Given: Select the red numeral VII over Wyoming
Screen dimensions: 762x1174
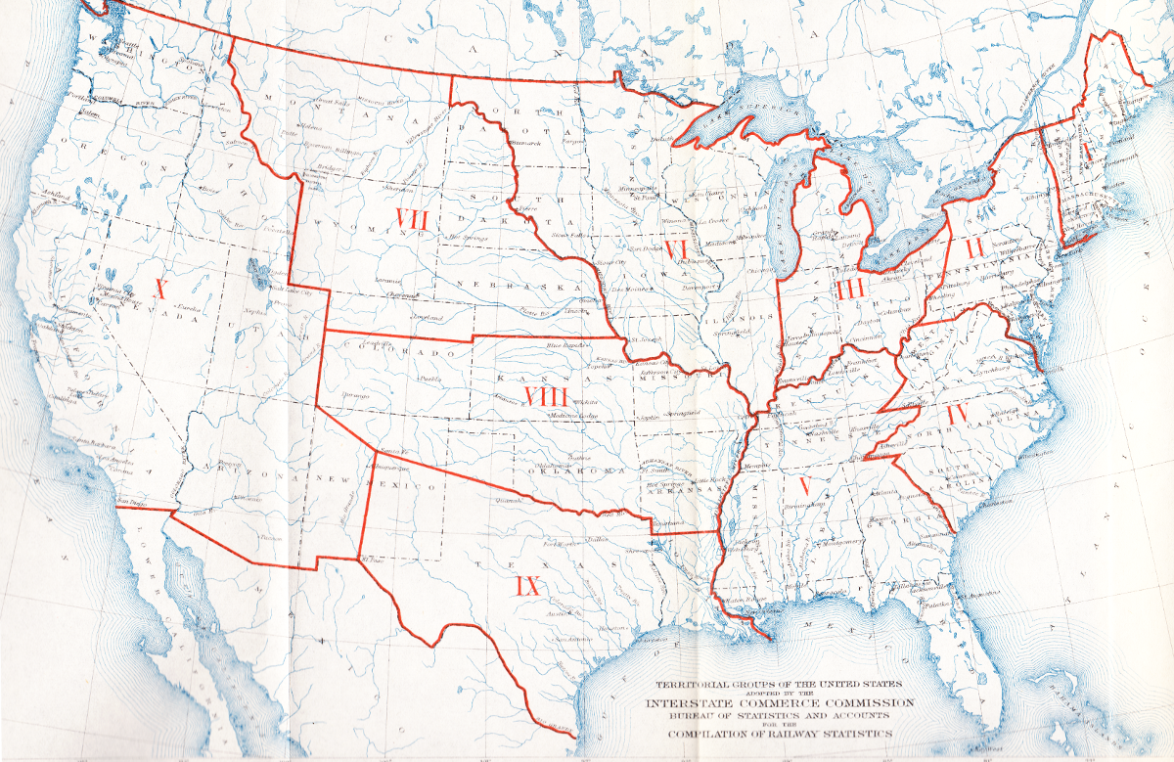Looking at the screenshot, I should pos(411,217).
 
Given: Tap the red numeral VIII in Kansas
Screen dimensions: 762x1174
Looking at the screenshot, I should pos(546,396).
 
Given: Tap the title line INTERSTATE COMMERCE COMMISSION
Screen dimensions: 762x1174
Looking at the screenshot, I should pos(779,702).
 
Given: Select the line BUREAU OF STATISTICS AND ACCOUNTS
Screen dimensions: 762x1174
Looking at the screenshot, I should pos(779,716).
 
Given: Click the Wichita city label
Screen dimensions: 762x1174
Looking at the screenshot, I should pos(585,402).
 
